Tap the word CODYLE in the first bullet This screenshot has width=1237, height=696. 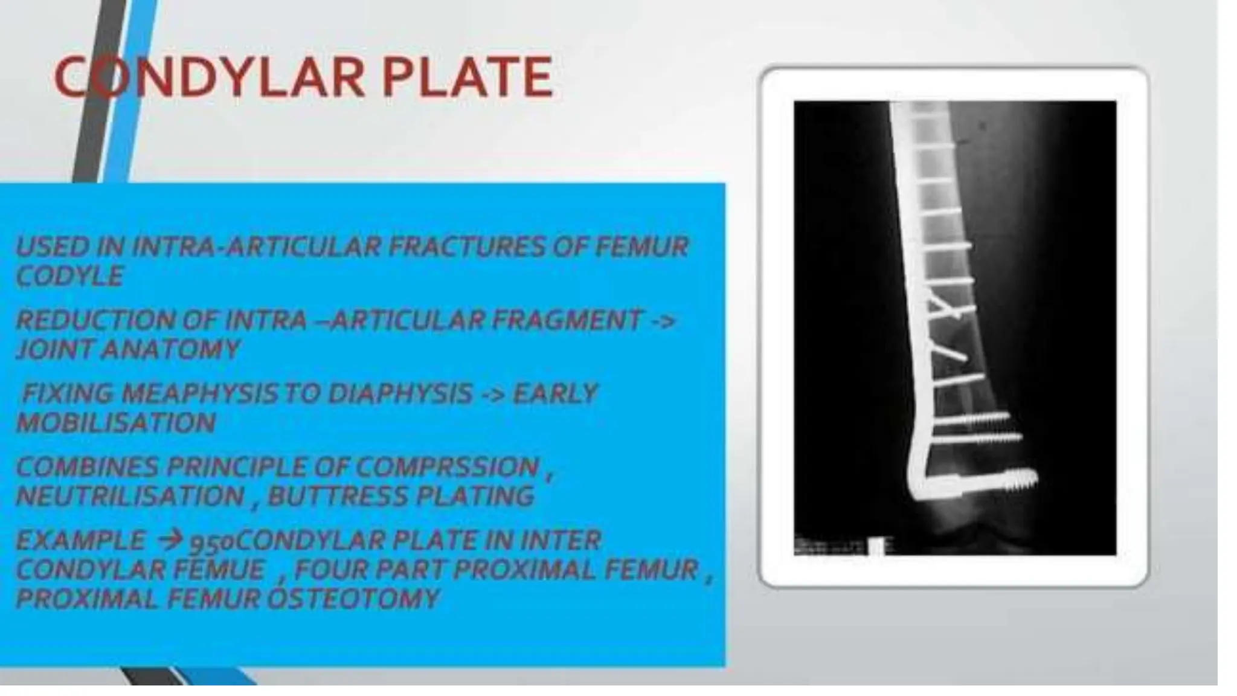69,277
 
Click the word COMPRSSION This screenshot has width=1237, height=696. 447,467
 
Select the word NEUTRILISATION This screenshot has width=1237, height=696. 130,497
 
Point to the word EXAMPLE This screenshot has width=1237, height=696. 81,540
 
